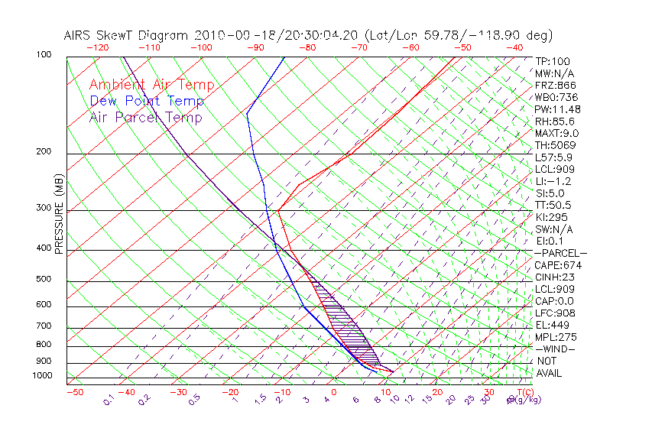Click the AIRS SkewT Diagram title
coord(308,35)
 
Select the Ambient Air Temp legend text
coord(152,85)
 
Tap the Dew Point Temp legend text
coord(147,101)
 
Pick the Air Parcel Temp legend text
coord(146,117)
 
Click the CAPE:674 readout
coord(554,265)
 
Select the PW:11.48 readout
coord(554,109)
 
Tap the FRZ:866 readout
coord(553,86)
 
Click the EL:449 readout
coord(550,325)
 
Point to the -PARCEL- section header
coord(560,253)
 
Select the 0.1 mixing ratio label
coord(108,400)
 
